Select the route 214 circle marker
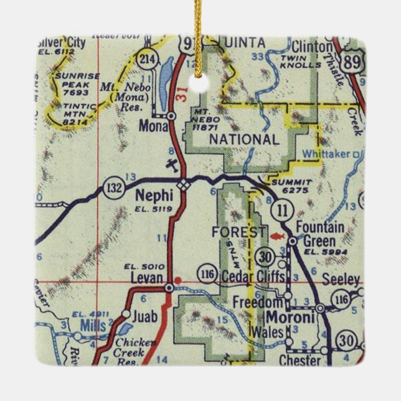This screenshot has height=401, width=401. point(147,59)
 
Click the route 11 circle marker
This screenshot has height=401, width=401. point(283,210)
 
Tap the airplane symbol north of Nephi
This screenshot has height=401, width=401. point(171,165)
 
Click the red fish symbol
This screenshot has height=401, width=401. point(278,236)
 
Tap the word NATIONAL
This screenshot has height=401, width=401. point(244,140)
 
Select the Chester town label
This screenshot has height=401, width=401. point(301,360)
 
